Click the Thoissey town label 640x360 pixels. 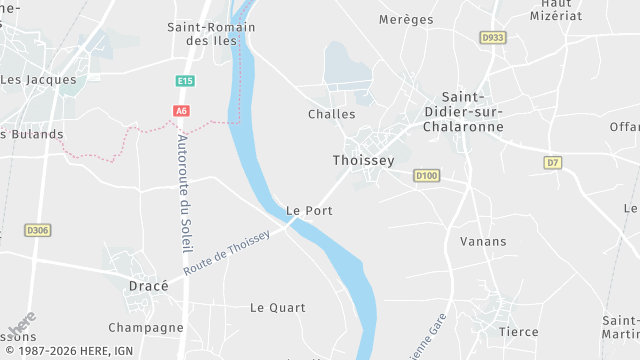pos(363,160)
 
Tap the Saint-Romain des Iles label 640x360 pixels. pos(203,34)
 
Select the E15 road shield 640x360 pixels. pos(184,81)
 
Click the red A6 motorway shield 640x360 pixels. pos(181,111)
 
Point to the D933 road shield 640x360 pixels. pos(492,38)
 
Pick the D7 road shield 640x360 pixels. pos(553,162)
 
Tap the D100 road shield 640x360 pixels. pos(427,176)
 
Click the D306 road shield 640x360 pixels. pos(37,230)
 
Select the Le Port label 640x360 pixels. pos(309,211)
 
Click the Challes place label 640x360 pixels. pos(332,114)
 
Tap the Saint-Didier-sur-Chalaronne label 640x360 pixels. pos(463,112)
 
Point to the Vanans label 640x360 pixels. pos(483,241)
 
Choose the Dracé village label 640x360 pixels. pos(149,285)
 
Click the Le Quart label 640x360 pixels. pos(278,307)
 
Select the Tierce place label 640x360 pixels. pos(518,332)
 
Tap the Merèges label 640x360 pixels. pos(407,19)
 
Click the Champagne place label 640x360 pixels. pos(146,327)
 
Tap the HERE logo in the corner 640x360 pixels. pos(22,324)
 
